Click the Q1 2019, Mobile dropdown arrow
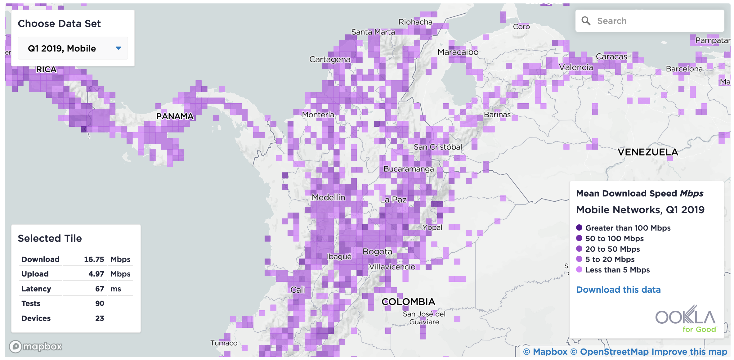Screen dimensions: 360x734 click(118, 48)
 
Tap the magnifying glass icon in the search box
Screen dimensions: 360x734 click(586, 21)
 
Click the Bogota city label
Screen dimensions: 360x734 click(377, 251)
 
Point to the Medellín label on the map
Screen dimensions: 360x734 click(328, 197)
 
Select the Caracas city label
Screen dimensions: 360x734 click(611, 56)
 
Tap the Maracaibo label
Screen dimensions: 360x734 click(458, 52)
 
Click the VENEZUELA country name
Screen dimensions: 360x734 click(648, 152)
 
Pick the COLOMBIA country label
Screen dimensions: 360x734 click(408, 302)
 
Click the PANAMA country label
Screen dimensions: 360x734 click(175, 116)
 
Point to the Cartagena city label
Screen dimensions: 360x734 click(330, 59)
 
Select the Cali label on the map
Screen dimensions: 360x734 click(298, 290)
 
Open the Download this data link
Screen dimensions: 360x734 click(618, 290)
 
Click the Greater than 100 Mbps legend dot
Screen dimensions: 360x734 click(579, 227)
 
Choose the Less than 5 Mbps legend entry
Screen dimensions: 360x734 click(617, 270)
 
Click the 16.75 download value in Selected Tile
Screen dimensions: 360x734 click(94, 259)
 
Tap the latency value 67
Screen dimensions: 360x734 click(100, 289)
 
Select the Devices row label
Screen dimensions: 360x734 click(36, 318)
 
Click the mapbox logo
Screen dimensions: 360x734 click(36, 346)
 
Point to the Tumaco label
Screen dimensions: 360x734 click(224, 343)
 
